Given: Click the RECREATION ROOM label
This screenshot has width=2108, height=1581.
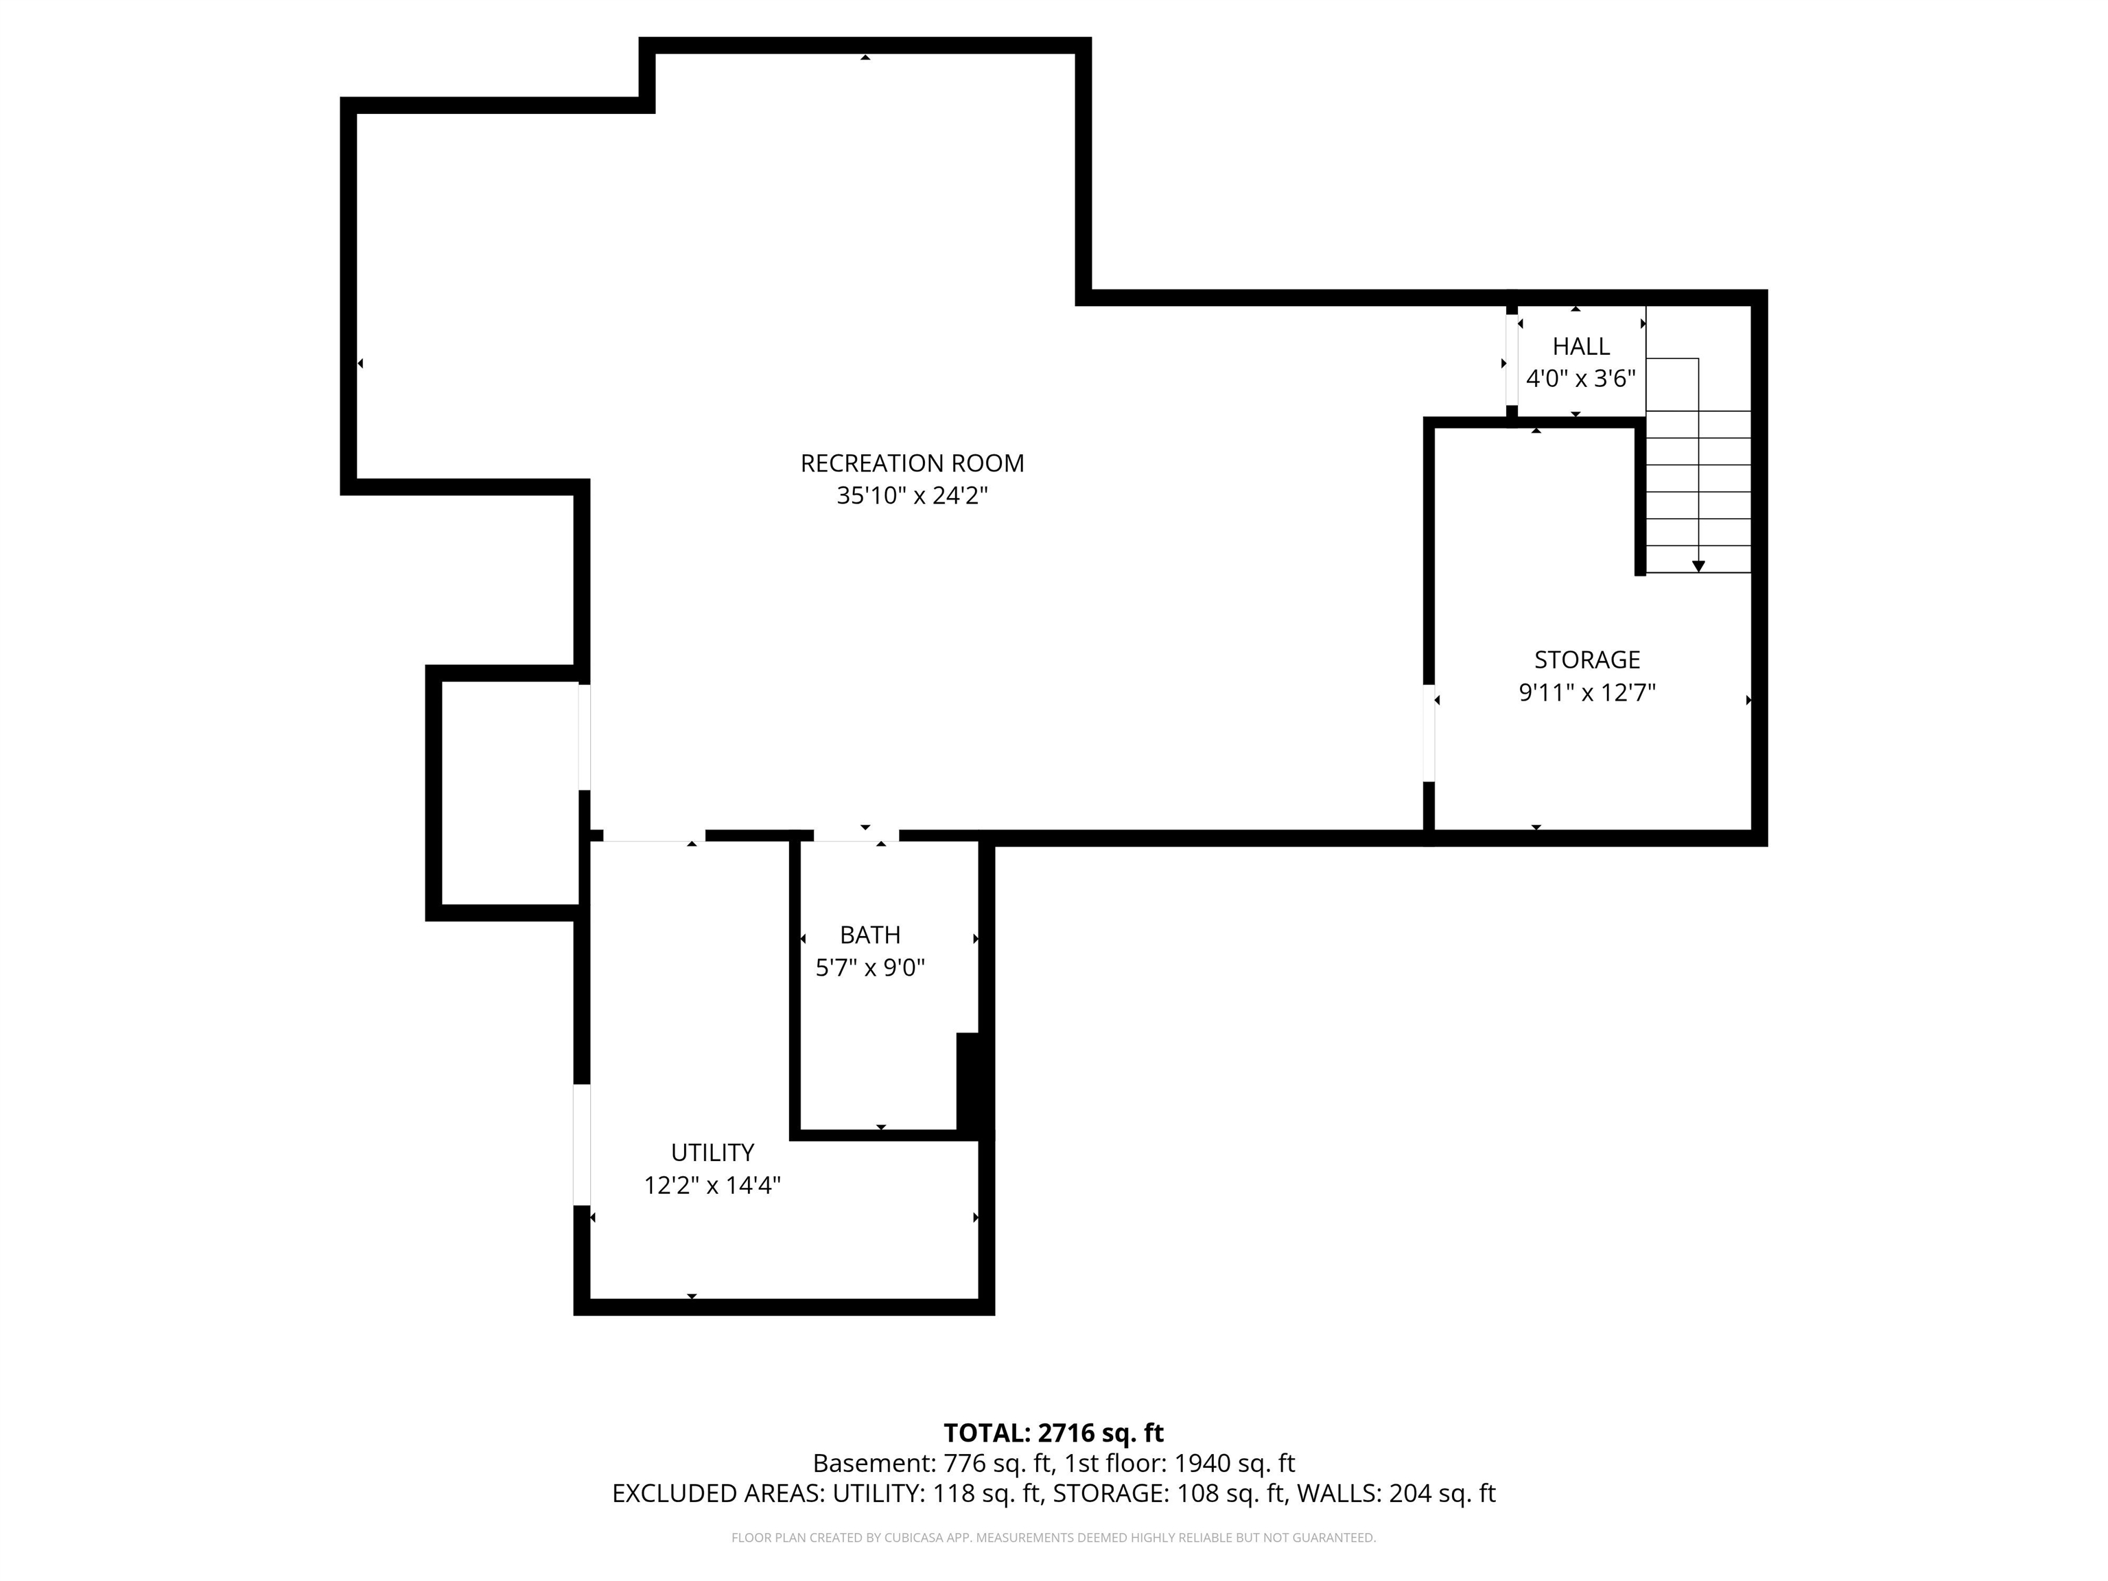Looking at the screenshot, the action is pyautogui.click(x=912, y=463).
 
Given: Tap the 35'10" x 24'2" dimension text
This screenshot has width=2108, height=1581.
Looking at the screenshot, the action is pyautogui.click(x=912, y=495).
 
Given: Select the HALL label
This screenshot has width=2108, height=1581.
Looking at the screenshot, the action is pyautogui.click(x=1581, y=346).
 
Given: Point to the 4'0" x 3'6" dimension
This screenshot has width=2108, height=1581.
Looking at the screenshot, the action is pyautogui.click(x=1581, y=378).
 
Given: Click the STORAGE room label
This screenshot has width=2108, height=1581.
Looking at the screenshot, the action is pyautogui.click(x=1586, y=659).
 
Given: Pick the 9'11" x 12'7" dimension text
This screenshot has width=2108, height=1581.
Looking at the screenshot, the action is pyautogui.click(x=1586, y=692).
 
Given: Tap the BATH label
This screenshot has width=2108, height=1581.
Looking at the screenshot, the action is pyautogui.click(x=870, y=935).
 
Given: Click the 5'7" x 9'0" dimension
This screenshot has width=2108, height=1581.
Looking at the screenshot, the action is pyautogui.click(x=870, y=968).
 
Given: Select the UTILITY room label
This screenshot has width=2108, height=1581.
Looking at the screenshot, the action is pyautogui.click(x=713, y=1152).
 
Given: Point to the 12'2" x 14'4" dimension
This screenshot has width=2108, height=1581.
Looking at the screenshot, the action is pyautogui.click(x=713, y=1184).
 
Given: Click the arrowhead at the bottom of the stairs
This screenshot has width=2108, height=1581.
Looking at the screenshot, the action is pyautogui.click(x=1698, y=566).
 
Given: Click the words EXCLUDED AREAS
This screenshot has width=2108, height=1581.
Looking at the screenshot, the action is pyautogui.click(x=718, y=1493).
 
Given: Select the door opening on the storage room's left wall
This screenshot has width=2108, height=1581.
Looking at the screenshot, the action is pyautogui.click(x=1429, y=733).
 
